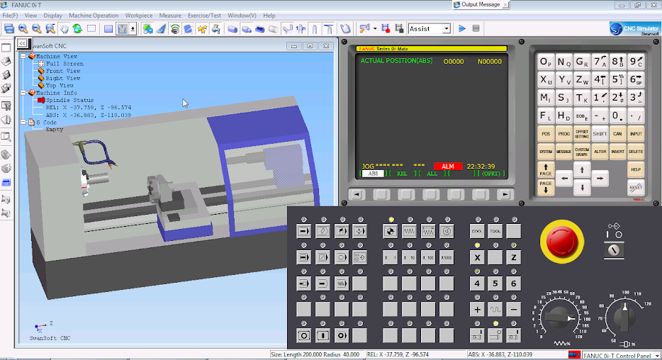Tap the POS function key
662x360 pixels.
pos(545,133)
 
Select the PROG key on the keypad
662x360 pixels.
pos(563,133)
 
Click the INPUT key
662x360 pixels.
pos(636,133)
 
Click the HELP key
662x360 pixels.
pos(636,169)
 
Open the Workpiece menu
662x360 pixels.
pos(138,15)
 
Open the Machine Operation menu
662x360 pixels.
pos(94,15)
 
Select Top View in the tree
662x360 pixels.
pos(60,86)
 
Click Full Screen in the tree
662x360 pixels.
pos(64,64)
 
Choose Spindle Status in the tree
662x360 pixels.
pos(69,100)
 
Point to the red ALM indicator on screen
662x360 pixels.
pos(448,167)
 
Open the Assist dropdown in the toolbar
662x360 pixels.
pos(447,29)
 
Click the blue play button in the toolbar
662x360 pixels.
pos(462,29)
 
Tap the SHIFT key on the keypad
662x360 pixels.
pos(600,133)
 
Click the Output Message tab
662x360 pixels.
pos(480,4)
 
